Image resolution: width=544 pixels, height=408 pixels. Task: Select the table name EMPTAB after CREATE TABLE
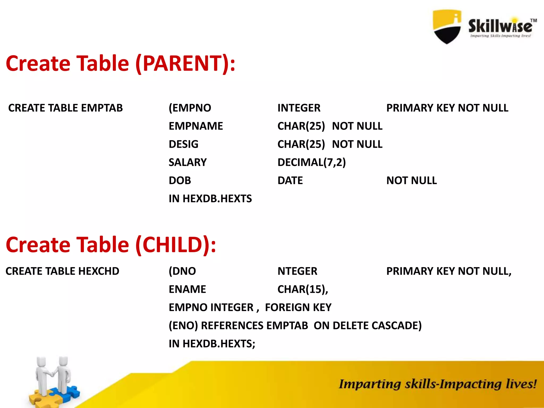(102, 108)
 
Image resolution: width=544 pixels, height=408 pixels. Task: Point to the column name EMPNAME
(196, 126)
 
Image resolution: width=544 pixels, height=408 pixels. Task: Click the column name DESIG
(183, 144)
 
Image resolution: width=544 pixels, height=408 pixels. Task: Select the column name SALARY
(188, 162)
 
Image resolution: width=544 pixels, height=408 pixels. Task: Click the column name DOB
(180, 181)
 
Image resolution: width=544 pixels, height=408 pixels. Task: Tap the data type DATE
(290, 181)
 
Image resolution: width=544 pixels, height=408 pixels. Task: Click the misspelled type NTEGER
(297, 271)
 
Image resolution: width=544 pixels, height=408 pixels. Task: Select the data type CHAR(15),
(303, 289)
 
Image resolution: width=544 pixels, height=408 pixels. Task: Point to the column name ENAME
(187, 289)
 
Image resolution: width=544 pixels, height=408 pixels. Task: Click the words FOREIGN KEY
(298, 308)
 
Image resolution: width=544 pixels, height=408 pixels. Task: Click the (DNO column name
(182, 271)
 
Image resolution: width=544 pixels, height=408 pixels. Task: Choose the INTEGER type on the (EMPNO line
(299, 108)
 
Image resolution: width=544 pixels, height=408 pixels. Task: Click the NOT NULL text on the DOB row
(411, 181)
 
